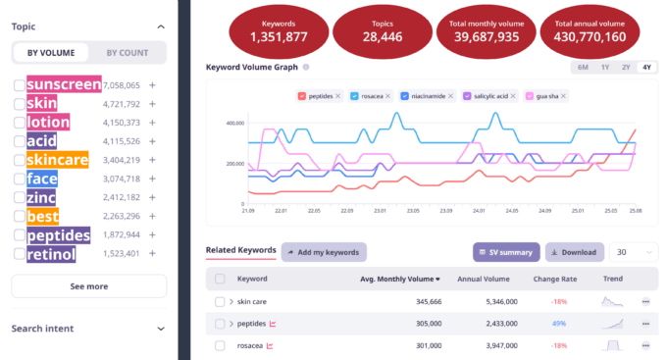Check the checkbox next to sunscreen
tap(20, 85)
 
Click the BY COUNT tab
tap(127, 53)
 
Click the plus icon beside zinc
tap(153, 198)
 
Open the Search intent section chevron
tap(160, 328)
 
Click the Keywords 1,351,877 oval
tap(279, 32)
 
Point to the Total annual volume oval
tap(590, 32)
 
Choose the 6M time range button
tap(583, 67)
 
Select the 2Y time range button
tap(626, 67)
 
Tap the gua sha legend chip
tap(552, 95)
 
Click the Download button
tap(574, 252)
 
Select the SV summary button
tap(506, 252)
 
